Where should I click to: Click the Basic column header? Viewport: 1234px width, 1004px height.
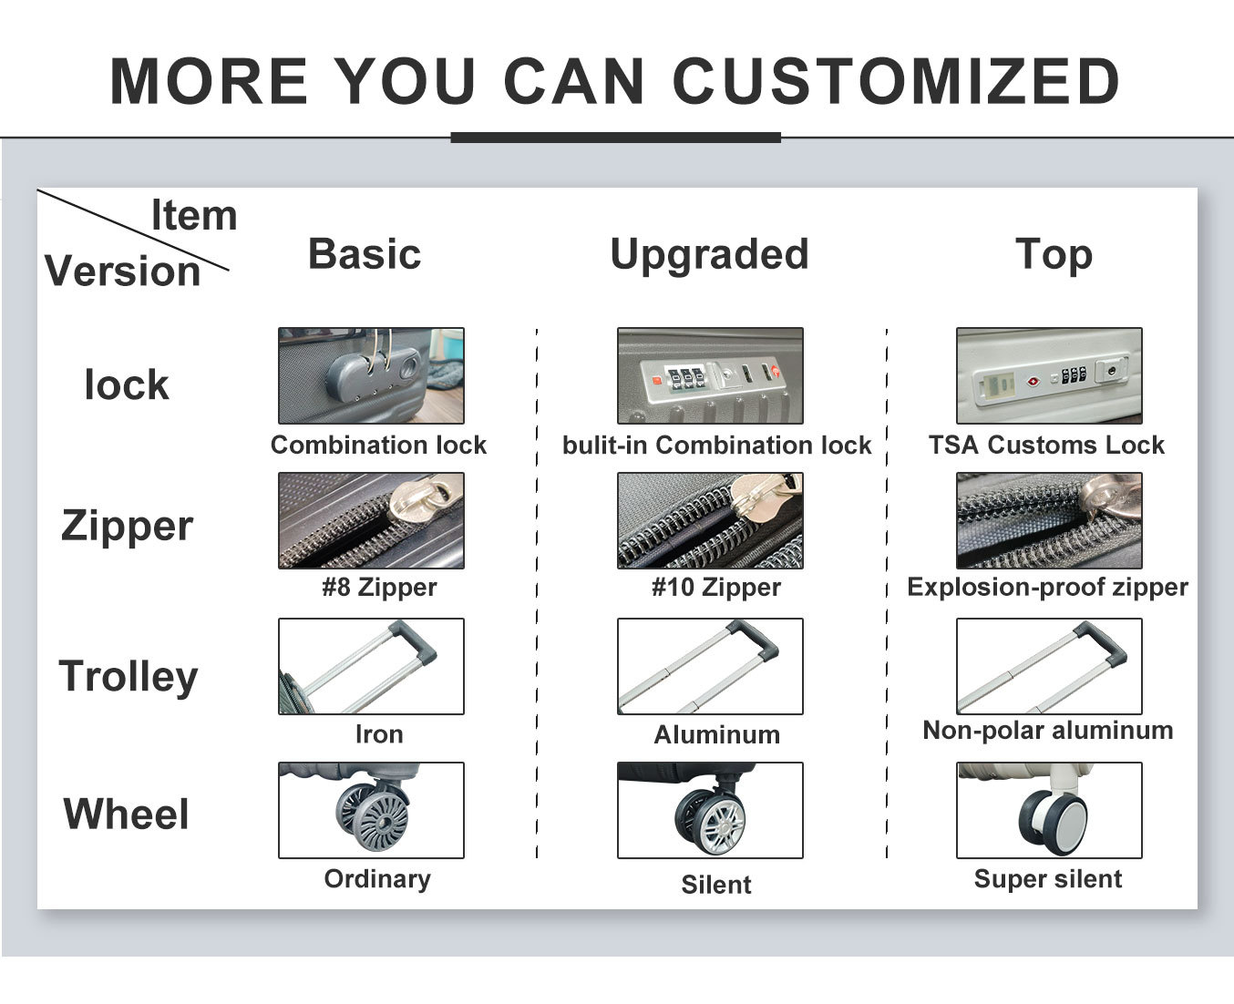click(x=365, y=254)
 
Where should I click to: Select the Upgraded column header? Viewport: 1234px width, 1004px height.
click(x=709, y=255)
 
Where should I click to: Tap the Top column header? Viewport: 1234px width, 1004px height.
click(x=1054, y=255)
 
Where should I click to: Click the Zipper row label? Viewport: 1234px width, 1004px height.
click(x=127, y=526)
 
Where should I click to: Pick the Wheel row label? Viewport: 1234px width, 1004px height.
click(x=127, y=814)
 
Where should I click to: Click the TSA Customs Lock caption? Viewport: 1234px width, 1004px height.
click(x=1046, y=445)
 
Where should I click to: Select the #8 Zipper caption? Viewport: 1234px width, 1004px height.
click(x=379, y=587)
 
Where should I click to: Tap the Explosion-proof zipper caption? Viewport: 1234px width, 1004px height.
click(x=1047, y=587)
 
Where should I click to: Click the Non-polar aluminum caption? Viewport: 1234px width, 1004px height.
click(x=1047, y=730)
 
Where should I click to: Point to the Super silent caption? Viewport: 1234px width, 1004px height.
click(x=1048, y=879)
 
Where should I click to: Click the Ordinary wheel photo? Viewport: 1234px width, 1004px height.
click(x=371, y=810)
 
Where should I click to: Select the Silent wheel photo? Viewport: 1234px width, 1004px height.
click(x=710, y=810)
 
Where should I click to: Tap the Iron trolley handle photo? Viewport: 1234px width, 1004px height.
click(x=371, y=666)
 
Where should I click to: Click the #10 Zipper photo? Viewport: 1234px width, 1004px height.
click(x=710, y=520)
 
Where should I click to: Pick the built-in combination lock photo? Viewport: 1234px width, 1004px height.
click(x=710, y=375)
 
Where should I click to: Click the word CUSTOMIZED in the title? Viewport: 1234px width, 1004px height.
click(x=896, y=80)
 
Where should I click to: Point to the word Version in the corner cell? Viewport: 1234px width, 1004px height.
click(x=123, y=271)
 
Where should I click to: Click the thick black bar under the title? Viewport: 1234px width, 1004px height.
click(x=616, y=138)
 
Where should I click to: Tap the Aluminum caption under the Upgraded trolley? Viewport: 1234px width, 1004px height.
click(x=716, y=734)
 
